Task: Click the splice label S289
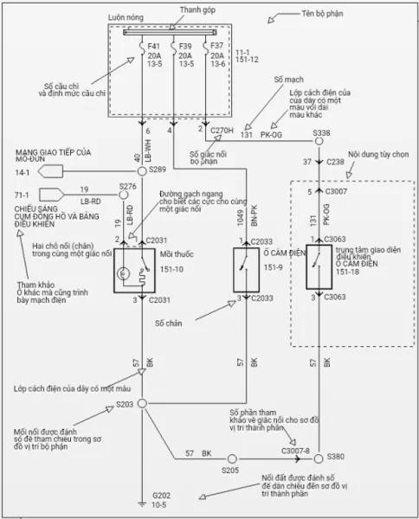(x=157, y=170)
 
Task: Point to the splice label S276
(x=127, y=186)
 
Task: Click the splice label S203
(x=126, y=404)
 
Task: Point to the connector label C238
(x=334, y=161)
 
